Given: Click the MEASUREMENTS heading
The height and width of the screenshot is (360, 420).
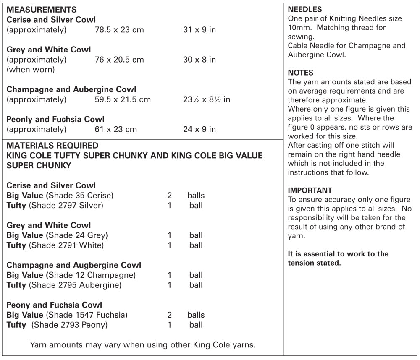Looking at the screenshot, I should [x=42, y=10].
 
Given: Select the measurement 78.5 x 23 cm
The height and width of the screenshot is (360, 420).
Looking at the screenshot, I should [x=119, y=30].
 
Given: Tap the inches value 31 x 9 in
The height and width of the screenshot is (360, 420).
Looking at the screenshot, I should [x=199, y=30].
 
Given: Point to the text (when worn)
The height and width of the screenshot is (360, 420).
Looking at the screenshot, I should [x=31, y=70].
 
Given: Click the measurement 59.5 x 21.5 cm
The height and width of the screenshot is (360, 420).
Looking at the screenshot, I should [x=123, y=100].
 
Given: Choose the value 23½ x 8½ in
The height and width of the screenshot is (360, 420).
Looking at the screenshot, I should [x=207, y=100].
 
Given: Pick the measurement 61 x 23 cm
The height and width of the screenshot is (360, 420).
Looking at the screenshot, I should [x=116, y=129].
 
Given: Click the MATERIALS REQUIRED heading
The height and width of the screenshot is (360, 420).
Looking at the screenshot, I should [x=52, y=146].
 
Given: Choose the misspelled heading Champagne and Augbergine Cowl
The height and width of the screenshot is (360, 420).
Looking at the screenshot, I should [x=74, y=265].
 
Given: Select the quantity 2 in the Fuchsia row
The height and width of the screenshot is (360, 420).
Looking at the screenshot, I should [x=169, y=315].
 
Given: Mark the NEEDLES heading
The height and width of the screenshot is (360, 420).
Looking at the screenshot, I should [x=305, y=9].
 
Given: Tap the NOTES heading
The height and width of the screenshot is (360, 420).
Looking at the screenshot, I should [x=300, y=73].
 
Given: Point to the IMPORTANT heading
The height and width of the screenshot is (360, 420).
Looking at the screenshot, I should [x=310, y=190].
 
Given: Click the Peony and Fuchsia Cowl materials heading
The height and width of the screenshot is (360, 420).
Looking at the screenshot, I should [x=55, y=305].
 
